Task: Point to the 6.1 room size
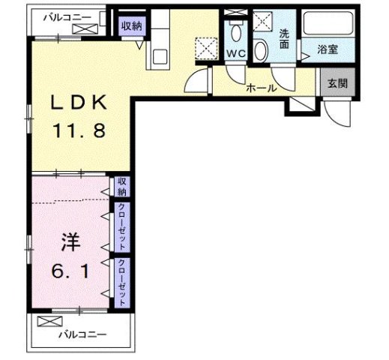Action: click(70, 271)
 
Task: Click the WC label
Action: click(235, 53)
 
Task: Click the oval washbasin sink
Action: click(261, 51)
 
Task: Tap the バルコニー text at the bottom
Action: click(82, 334)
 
